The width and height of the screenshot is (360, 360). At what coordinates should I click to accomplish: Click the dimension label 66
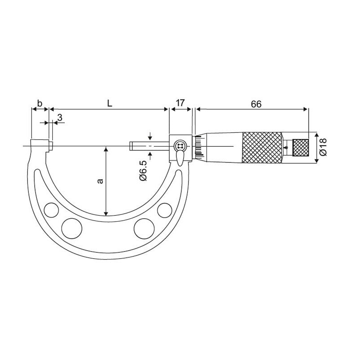click(256, 103)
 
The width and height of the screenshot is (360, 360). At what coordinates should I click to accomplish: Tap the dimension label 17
click(180, 103)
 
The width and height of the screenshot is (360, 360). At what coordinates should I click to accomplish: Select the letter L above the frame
click(109, 103)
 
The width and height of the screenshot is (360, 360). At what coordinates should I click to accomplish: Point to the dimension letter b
click(40, 103)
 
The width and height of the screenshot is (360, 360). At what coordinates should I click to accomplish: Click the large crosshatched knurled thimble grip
click(262, 147)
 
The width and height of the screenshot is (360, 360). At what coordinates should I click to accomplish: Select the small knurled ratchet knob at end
click(301, 147)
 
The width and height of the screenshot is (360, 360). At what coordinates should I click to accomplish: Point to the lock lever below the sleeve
click(180, 158)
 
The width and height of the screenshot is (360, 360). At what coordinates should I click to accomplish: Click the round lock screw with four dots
click(180, 146)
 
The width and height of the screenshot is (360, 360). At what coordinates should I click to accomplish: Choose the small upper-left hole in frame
click(52, 209)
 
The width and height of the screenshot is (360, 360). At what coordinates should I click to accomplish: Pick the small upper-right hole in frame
click(164, 210)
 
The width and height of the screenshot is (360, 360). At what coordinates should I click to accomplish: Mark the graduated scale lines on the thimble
click(198, 146)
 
